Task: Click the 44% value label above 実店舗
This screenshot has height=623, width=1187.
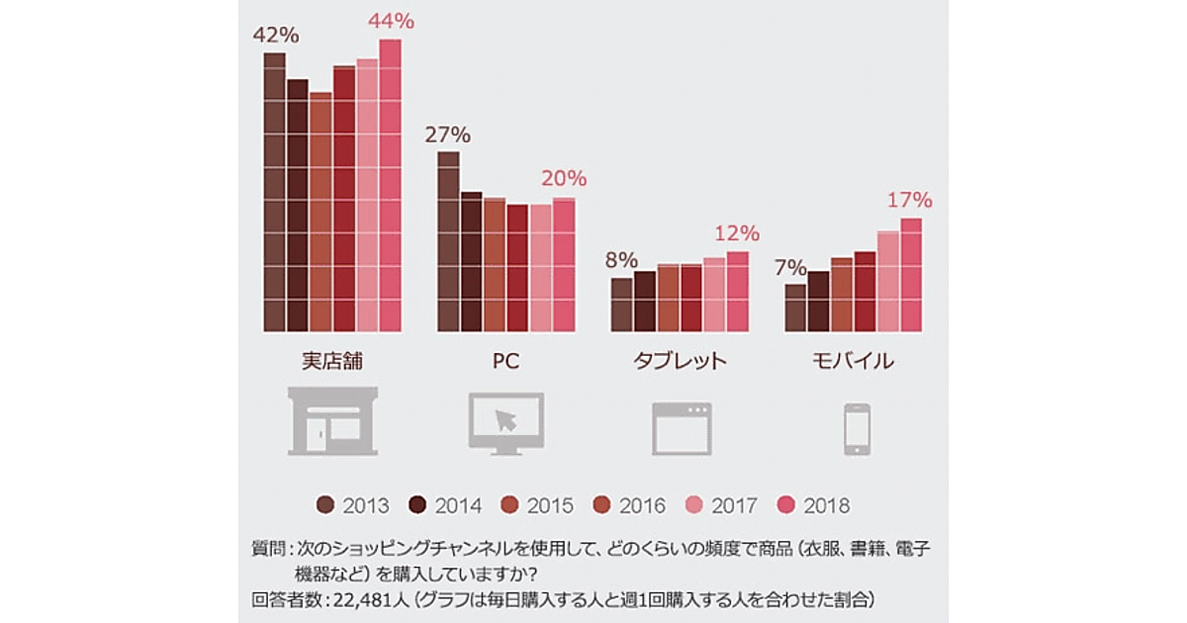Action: point(391,21)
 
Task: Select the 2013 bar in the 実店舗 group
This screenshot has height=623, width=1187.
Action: point(274,193)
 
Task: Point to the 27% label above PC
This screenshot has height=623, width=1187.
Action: point(447,134)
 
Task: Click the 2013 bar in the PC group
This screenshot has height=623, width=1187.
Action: point(448,242)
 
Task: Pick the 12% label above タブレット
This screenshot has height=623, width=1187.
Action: point(736,234)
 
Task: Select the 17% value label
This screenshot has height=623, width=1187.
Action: point(909,200)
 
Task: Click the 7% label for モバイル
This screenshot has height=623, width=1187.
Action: point(791,267)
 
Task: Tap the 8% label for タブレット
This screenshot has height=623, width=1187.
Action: point(621,261)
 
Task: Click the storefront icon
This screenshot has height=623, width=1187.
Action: point(331,421)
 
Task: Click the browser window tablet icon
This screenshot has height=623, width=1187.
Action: point(682,427)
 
